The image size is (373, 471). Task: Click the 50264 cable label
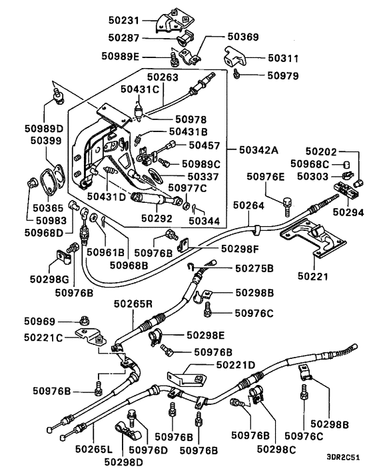(x=249, y=205)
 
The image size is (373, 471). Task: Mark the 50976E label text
(x=265, y=176)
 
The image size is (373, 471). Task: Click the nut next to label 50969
(x=85, y=320)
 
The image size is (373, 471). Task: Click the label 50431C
(x=139, y=88)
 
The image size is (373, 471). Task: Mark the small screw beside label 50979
(x=237, y=77)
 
